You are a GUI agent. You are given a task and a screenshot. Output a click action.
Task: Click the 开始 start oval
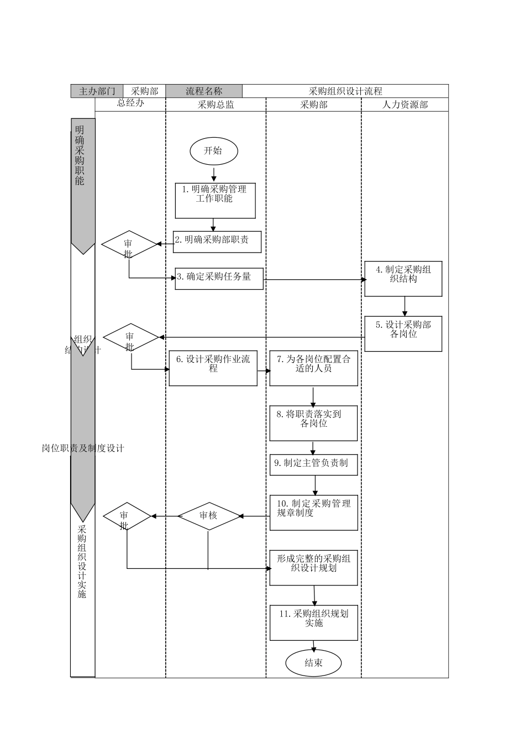(214, 151)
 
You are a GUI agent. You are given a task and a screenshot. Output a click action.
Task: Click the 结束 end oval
(313, 663)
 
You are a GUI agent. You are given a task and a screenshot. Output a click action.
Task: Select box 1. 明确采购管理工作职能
(215, 200)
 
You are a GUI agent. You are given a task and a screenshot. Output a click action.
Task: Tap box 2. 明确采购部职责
(217, 242)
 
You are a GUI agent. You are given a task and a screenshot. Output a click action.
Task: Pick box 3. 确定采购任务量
(219, 279)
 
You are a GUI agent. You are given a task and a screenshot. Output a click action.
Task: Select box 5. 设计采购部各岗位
(403, 333)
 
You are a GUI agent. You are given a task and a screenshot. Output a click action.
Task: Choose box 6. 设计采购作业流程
(213, 368)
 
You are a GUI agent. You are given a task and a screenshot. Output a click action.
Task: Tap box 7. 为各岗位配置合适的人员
(313, 368)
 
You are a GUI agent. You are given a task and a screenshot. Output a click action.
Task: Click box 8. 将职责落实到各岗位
(313, 423)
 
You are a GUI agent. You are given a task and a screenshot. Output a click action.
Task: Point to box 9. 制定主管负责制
(313, 464)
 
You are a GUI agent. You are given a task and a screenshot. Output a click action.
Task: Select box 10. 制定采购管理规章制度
(313, 512)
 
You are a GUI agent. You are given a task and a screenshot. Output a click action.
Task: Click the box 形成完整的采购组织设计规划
(313, 567)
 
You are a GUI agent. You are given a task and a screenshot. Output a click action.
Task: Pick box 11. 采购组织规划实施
(313, 622)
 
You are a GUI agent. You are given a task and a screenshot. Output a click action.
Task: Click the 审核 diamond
(208, 516)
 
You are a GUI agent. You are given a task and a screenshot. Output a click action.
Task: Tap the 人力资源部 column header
(405, 104)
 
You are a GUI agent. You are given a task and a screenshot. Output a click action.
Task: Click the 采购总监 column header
(216, 104)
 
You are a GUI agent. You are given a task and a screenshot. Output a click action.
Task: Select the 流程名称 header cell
(204, 91)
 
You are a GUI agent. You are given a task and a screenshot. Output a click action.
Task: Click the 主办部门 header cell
(97, 91)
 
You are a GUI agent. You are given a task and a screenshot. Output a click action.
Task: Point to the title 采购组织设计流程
(345, 91)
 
